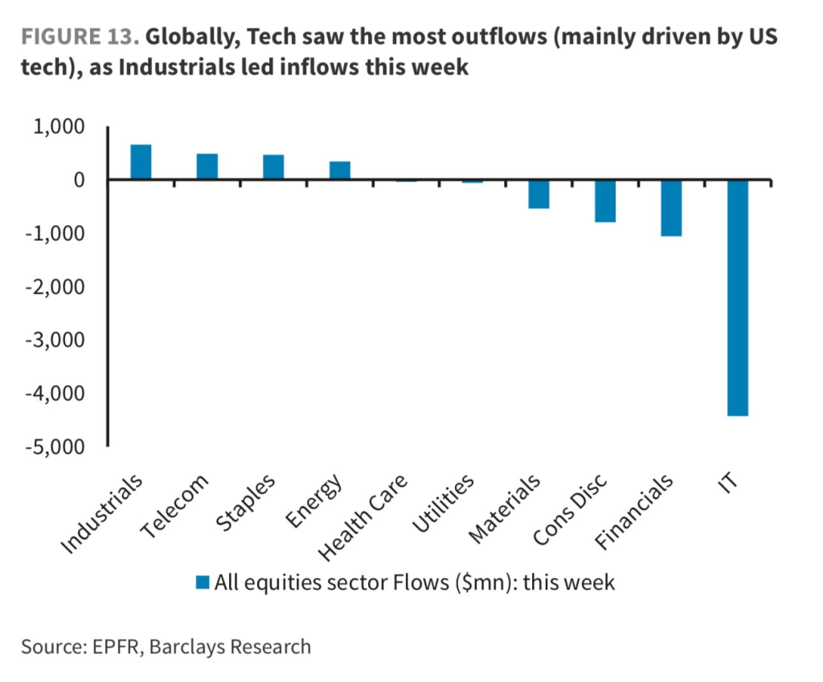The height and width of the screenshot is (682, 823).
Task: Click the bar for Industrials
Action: (141, 162)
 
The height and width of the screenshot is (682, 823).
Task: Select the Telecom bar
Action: (207, 167)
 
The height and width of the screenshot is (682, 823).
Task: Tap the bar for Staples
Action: (273, 167)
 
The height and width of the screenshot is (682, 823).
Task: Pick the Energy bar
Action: (339, 171)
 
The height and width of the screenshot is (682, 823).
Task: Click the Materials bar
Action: (538, 194)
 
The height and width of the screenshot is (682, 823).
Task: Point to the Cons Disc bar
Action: (604, 201)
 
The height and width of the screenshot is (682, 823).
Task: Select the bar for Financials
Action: (670, 208)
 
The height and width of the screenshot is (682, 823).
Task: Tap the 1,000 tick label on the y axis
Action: (57, 128)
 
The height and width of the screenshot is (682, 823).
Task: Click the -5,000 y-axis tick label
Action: (54, 446)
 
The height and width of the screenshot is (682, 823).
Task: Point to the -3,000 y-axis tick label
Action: (54, 340)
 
